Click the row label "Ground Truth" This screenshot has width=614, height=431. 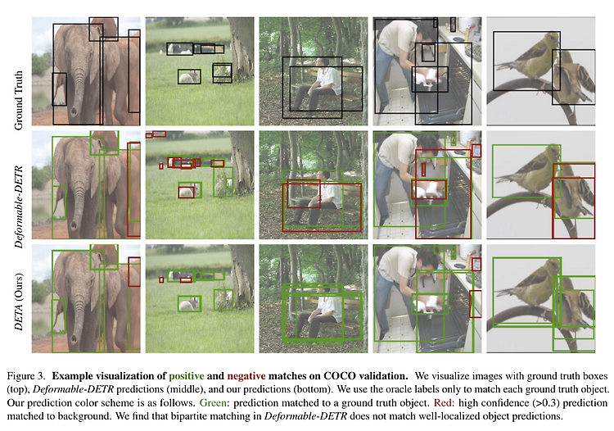pos(18,100)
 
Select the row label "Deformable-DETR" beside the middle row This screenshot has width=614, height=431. pos(18,206)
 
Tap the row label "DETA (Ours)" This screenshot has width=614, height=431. pos(18,302)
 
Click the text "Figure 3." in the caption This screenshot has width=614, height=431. pos(26,376)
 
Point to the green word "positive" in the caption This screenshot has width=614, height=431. pos(187,376)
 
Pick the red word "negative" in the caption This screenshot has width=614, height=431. pos(246,376)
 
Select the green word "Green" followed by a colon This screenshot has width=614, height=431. pos(212,403)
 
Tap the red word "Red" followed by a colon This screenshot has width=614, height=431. pos(443,403)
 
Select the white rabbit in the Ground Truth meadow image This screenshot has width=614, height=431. pos(189,77)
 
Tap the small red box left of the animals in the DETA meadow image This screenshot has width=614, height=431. pos(161,279)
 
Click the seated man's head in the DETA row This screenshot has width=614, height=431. pos(323,290)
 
